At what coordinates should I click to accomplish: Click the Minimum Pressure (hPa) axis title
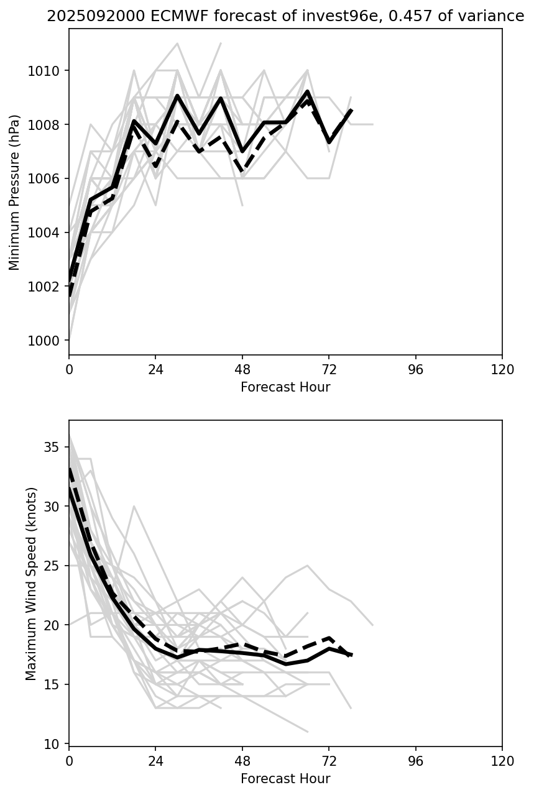(15, 192)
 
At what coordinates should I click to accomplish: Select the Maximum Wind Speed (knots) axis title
(32, 583)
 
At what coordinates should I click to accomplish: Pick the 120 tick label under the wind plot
(502, 761)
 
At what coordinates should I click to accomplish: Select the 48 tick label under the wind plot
(242, 761)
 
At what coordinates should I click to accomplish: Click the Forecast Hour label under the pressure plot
(285, 387)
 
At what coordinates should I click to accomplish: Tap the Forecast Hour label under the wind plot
(285, 778)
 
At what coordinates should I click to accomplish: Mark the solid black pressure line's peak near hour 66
(307, 92)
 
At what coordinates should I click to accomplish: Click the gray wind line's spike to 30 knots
(134, 507)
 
